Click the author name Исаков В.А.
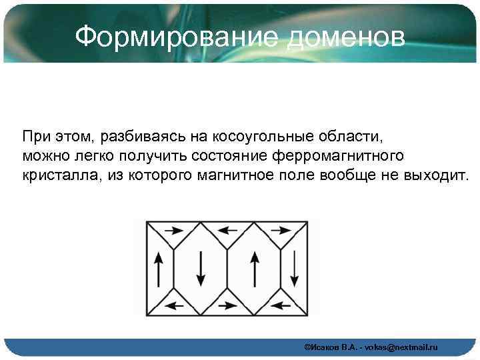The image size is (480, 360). (x=329, y=348)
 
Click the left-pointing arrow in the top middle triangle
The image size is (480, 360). (x=228, y=231)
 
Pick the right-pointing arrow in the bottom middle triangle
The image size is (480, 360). (x=228, y=306)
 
